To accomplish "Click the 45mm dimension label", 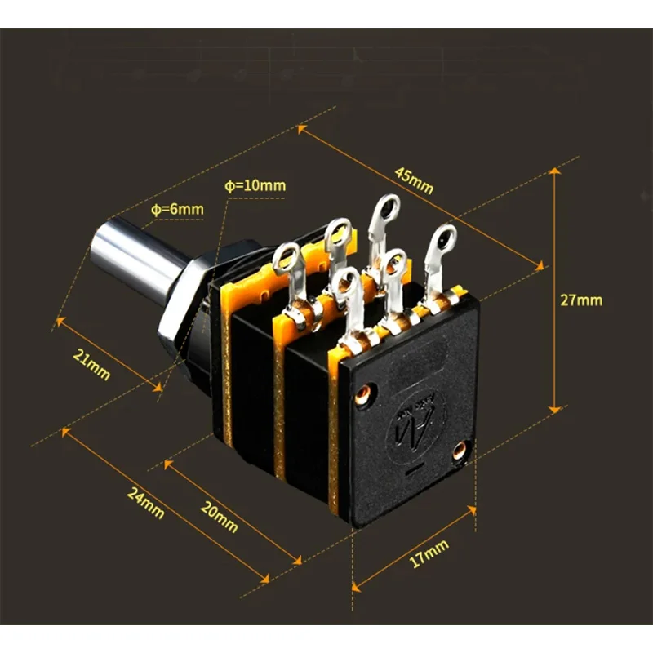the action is (415, 180).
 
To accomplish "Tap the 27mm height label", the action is (581, 300).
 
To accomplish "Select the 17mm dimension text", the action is (429, 553).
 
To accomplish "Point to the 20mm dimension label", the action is (220, 517).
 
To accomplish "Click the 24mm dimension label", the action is (146, 503).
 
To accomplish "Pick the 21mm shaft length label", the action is (91, 365).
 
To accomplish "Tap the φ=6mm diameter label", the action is (177, 209).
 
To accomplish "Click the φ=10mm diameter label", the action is (255, 185).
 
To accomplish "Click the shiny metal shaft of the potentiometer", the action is (137, 258).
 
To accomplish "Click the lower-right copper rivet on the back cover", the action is (460, 450).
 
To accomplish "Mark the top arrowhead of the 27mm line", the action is (555, 171).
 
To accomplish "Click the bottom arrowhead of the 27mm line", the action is (555, 410).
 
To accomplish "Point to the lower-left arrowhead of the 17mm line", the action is (355, 588).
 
